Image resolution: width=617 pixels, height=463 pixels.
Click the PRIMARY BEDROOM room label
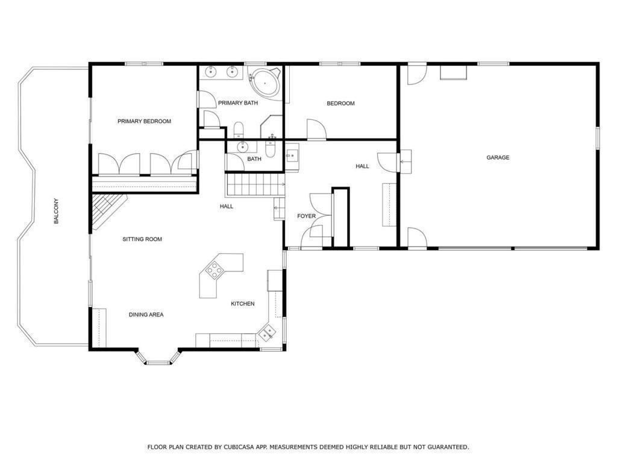click(x=144, y=121)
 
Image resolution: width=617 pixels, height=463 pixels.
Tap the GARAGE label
click(x=498, y=157)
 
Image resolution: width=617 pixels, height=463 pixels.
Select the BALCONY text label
click(x=56, y=211)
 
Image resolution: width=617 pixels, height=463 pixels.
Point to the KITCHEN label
click(x=242, y=304)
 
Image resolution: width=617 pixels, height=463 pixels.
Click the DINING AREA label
click(x=146, y=315)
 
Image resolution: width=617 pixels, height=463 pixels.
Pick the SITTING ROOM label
click(x=142, y=239)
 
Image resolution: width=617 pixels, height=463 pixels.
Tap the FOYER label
click(x=306, y=216)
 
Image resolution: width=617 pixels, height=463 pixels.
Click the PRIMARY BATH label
click(x=238, y=103)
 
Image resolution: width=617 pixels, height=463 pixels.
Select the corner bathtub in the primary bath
click(x=265, y=82)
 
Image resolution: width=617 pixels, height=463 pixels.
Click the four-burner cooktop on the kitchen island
click(x=214, y=271)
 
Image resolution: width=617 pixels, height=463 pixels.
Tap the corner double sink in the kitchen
click(x=268, y=332)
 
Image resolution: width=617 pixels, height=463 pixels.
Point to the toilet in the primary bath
click(x=239, y=130)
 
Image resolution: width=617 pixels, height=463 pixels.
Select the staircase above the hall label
click(x=255, y=184)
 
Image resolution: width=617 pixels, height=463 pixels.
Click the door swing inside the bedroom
click(x=316, y=130)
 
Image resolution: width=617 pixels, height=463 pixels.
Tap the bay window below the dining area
click(x=158, y=357)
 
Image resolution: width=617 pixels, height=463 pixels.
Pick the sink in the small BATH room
click(x=243, y=147)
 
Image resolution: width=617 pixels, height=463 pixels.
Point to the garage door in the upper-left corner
click(x=417, y=75)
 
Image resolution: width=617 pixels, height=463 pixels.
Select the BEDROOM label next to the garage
click(x=341, y=103)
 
